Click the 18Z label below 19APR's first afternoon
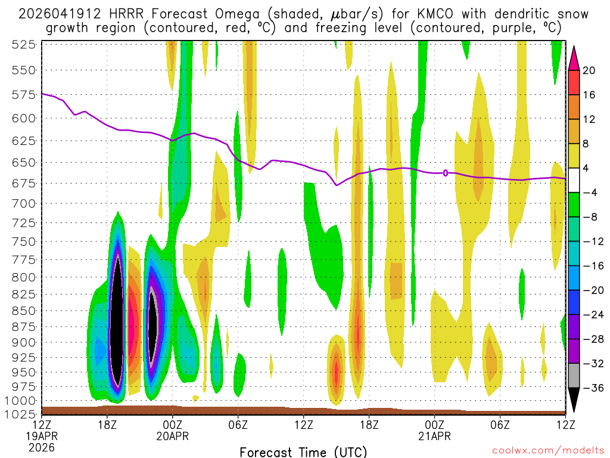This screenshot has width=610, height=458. [107, 425]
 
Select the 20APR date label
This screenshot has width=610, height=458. [173, 436]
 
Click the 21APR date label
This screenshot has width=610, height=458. [434, 436]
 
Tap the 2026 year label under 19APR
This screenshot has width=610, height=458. [42, 447]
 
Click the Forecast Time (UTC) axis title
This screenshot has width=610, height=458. [303, 451]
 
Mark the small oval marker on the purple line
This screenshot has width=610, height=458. [446, 173]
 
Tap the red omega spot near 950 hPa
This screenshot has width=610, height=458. [337, 373]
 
